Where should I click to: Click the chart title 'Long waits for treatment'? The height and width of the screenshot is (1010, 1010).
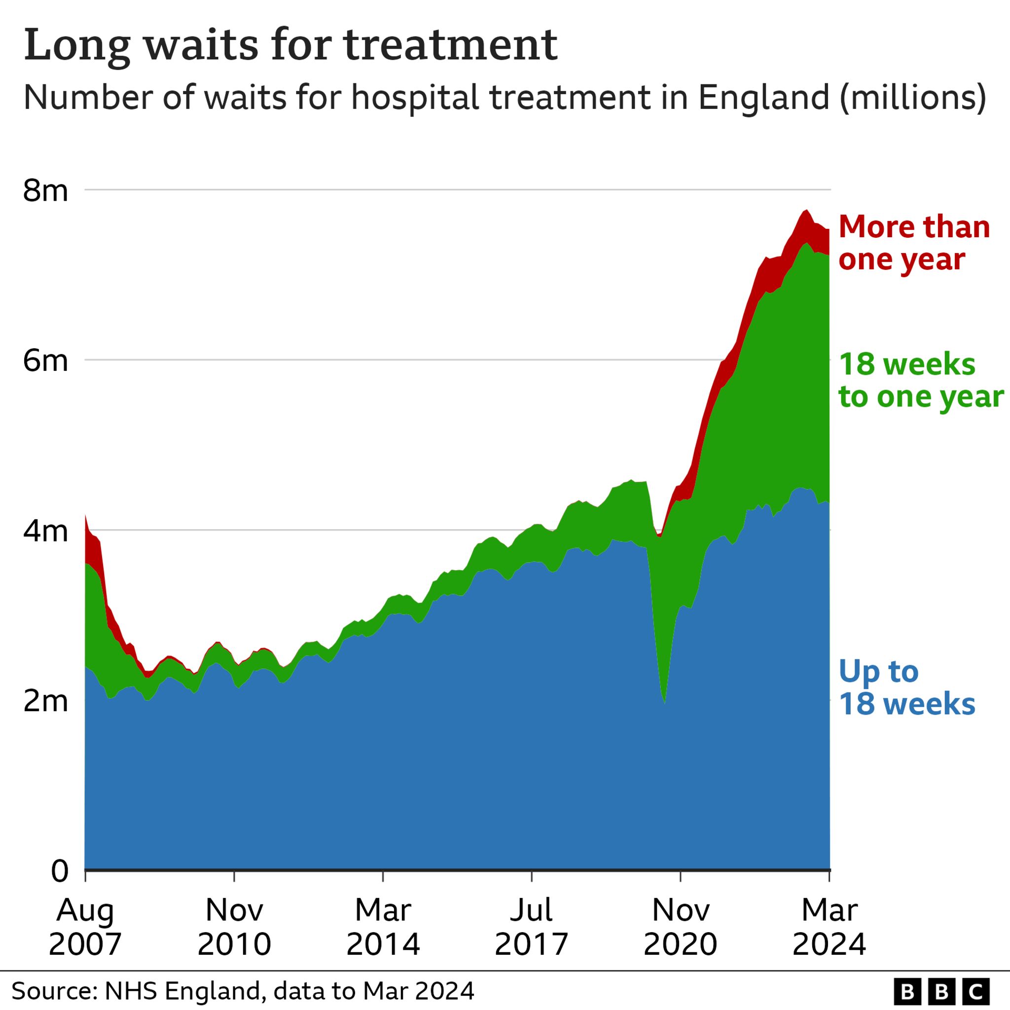pos(290,46)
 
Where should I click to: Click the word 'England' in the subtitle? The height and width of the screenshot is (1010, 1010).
pos(764,97)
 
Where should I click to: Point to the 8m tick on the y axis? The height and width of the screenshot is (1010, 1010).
pos(45,190)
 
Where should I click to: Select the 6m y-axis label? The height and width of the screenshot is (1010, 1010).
pos(45,361)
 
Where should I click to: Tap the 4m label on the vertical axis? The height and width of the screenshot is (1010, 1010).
pos(45,531)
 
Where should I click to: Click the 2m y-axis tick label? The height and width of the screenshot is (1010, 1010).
pos(45,701)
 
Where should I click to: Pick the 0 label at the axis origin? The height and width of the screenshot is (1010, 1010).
pos(60,871)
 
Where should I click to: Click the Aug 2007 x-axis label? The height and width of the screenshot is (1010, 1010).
pos(85,926)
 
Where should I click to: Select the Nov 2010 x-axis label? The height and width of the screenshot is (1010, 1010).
pos(234,926)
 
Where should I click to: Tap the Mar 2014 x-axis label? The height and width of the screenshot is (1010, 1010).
pos(383,926)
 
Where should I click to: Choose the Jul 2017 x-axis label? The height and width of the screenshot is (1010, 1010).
pos(532,926)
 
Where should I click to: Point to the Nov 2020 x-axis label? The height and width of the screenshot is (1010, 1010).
pos(681,926)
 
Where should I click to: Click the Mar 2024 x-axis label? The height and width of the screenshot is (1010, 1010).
pos(829,926)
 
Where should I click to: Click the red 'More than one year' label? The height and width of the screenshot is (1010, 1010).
pos(914,243)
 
